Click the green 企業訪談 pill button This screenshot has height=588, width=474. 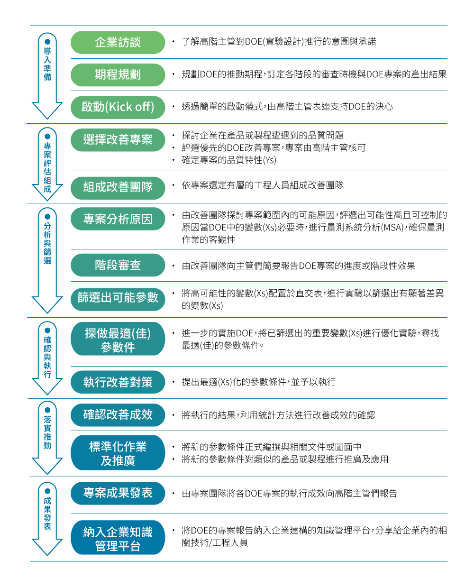(118, 42)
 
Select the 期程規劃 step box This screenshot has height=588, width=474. (118, 75)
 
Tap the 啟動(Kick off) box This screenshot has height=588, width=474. (118, 107)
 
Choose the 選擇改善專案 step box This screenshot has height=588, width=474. (118, 140)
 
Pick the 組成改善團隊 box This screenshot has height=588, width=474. (118, 188)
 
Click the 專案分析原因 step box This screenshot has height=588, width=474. (118, 219)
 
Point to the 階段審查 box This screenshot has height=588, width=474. (118, 265)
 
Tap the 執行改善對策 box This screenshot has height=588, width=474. (118, 382)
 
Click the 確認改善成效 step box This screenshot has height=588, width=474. (118, 415)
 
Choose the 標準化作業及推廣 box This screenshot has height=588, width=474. (118, 452)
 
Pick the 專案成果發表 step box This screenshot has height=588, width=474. (118, 493)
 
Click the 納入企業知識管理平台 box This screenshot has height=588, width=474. (118, 537)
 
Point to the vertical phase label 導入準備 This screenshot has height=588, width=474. (47, 64)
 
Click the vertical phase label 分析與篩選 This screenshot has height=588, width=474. (47, 243)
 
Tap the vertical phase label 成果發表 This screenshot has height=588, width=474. (47, 513)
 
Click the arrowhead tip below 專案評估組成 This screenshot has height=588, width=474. (47, 201)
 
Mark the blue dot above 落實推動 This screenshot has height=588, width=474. (47, 410)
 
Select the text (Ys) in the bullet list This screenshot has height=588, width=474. (269, 160)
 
